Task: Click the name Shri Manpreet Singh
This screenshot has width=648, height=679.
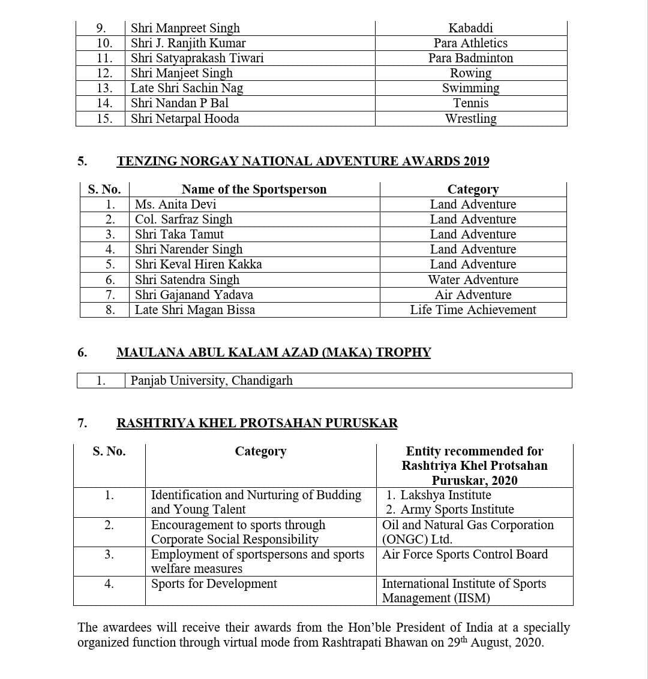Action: coord(185,28)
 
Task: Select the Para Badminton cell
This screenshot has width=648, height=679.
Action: coord(470,58)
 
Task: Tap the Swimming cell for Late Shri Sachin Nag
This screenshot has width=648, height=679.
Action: coord(470,88)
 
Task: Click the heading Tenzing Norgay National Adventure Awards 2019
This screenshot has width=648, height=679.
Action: coord(302,161)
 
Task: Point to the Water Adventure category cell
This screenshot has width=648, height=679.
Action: coord(473,280)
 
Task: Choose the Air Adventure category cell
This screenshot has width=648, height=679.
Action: coord(473,295)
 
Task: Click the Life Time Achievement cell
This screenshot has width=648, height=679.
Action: coord(473,310)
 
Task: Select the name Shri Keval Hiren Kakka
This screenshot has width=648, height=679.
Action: coord(198,264)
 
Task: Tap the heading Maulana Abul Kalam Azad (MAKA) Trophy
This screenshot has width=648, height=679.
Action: coord(274,352)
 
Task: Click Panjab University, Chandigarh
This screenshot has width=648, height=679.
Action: coord(211,381)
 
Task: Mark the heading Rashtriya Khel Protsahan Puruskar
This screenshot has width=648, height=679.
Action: coord(257,423)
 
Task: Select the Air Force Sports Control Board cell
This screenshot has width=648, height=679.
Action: coord(465,554)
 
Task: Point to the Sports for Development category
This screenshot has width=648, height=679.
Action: coord(214,584)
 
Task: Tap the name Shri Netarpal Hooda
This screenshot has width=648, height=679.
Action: coord(185,119)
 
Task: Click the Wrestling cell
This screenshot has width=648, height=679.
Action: coord(470,119)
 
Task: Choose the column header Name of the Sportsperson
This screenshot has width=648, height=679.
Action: coord(254,189)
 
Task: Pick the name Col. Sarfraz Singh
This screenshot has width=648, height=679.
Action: coord(183,219)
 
